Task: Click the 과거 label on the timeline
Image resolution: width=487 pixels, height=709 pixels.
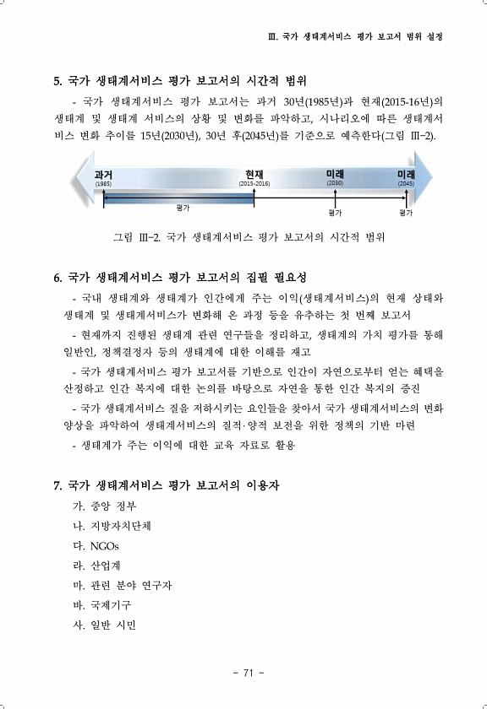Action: point(103,175)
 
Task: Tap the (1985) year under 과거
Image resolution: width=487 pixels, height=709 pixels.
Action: point(103,184)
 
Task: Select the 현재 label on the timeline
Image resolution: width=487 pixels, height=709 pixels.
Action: point(254,175)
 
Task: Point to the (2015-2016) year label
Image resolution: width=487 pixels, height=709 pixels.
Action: point(254,184)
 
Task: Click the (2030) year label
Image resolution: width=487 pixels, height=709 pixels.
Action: point(335,182)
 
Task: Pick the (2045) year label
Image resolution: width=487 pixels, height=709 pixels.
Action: point(406,184)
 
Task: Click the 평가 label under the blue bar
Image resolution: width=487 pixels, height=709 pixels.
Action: point(183,208)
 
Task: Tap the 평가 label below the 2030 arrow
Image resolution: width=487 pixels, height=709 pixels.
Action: point(335,213)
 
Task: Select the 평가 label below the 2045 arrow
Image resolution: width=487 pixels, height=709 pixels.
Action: point(406,213)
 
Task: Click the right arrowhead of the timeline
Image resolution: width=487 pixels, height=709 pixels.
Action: point(423,177)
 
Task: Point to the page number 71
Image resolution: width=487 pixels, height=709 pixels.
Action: point(248,673)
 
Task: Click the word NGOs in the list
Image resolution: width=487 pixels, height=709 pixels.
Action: point(105,546)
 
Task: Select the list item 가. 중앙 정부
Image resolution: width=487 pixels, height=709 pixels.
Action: point(104,506)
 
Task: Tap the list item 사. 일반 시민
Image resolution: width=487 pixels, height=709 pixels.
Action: point(104,625)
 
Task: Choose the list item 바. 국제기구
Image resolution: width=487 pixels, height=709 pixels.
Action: point(102,605)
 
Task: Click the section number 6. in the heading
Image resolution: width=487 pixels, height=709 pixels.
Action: point(58,278)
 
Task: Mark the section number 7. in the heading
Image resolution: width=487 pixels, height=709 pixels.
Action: point(58,486)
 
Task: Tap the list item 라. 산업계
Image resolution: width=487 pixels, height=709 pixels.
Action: point(96,566)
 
